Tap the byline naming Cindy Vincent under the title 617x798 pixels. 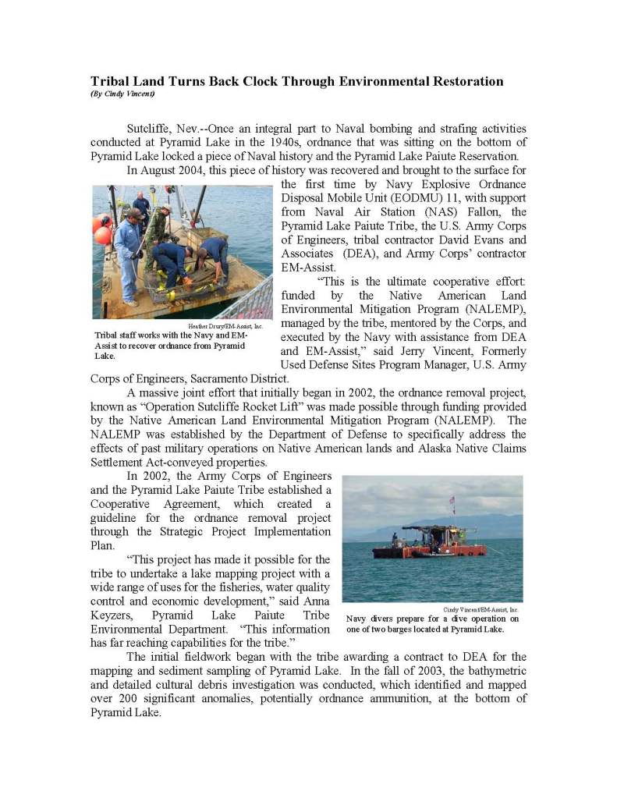pyautogui.click(x=122, y=94)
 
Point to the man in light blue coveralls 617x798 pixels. pyautogui.click(x=128, y=249)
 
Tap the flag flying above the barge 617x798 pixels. pyautogui.click(x=450, y=499)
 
